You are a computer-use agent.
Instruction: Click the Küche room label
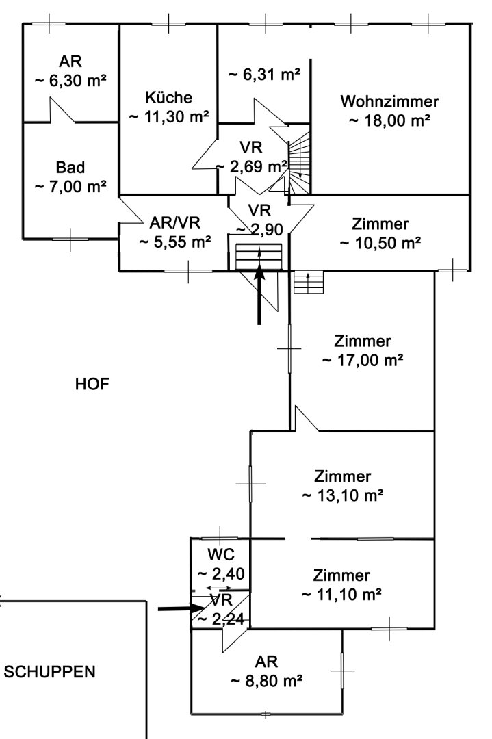click(x=169, y=98)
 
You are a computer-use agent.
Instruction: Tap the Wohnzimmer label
click(x=389, y=101)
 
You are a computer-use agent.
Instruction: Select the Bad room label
click(x=70, y=168)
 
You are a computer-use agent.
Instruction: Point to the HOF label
click(x=92, y=384)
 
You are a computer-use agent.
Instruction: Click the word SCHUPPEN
click(x=49, y=672)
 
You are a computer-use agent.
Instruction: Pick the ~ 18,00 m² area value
click(x=389, y=121)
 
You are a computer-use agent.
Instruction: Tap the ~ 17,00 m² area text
click(x=363, y=361)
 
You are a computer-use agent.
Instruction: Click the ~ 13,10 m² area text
click(x=342, y=496)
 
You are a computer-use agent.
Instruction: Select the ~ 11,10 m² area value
click(x=341, y=595)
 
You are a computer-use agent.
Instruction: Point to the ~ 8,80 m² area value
click(x=266, y=682)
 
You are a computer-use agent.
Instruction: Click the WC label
click(x=221, y=554)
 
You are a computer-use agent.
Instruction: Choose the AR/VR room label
click(x=175, y=222)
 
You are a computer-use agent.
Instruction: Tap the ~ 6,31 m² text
click(x=264, y=75)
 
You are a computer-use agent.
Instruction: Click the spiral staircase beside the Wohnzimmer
click(x=299, y=163)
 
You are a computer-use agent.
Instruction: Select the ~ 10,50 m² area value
click(x=380, y=243)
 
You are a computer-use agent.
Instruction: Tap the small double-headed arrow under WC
click(x=219, y=588)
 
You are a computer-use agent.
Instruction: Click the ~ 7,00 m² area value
click(x=70, y=187)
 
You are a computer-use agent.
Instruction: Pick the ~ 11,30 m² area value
click(x=169, y=117)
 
